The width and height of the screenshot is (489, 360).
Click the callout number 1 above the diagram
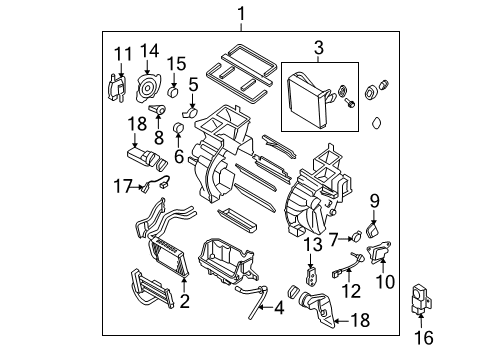point(240,12)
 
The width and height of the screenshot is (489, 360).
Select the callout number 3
point(319,46)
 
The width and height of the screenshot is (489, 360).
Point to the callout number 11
point(121,53)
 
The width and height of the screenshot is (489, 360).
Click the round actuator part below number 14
point(149,83)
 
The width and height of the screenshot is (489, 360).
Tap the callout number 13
point(311,244)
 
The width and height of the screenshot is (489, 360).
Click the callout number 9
point(375,200)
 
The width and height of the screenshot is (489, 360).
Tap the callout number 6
point(179,156)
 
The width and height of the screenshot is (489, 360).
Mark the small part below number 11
point(118,87)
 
